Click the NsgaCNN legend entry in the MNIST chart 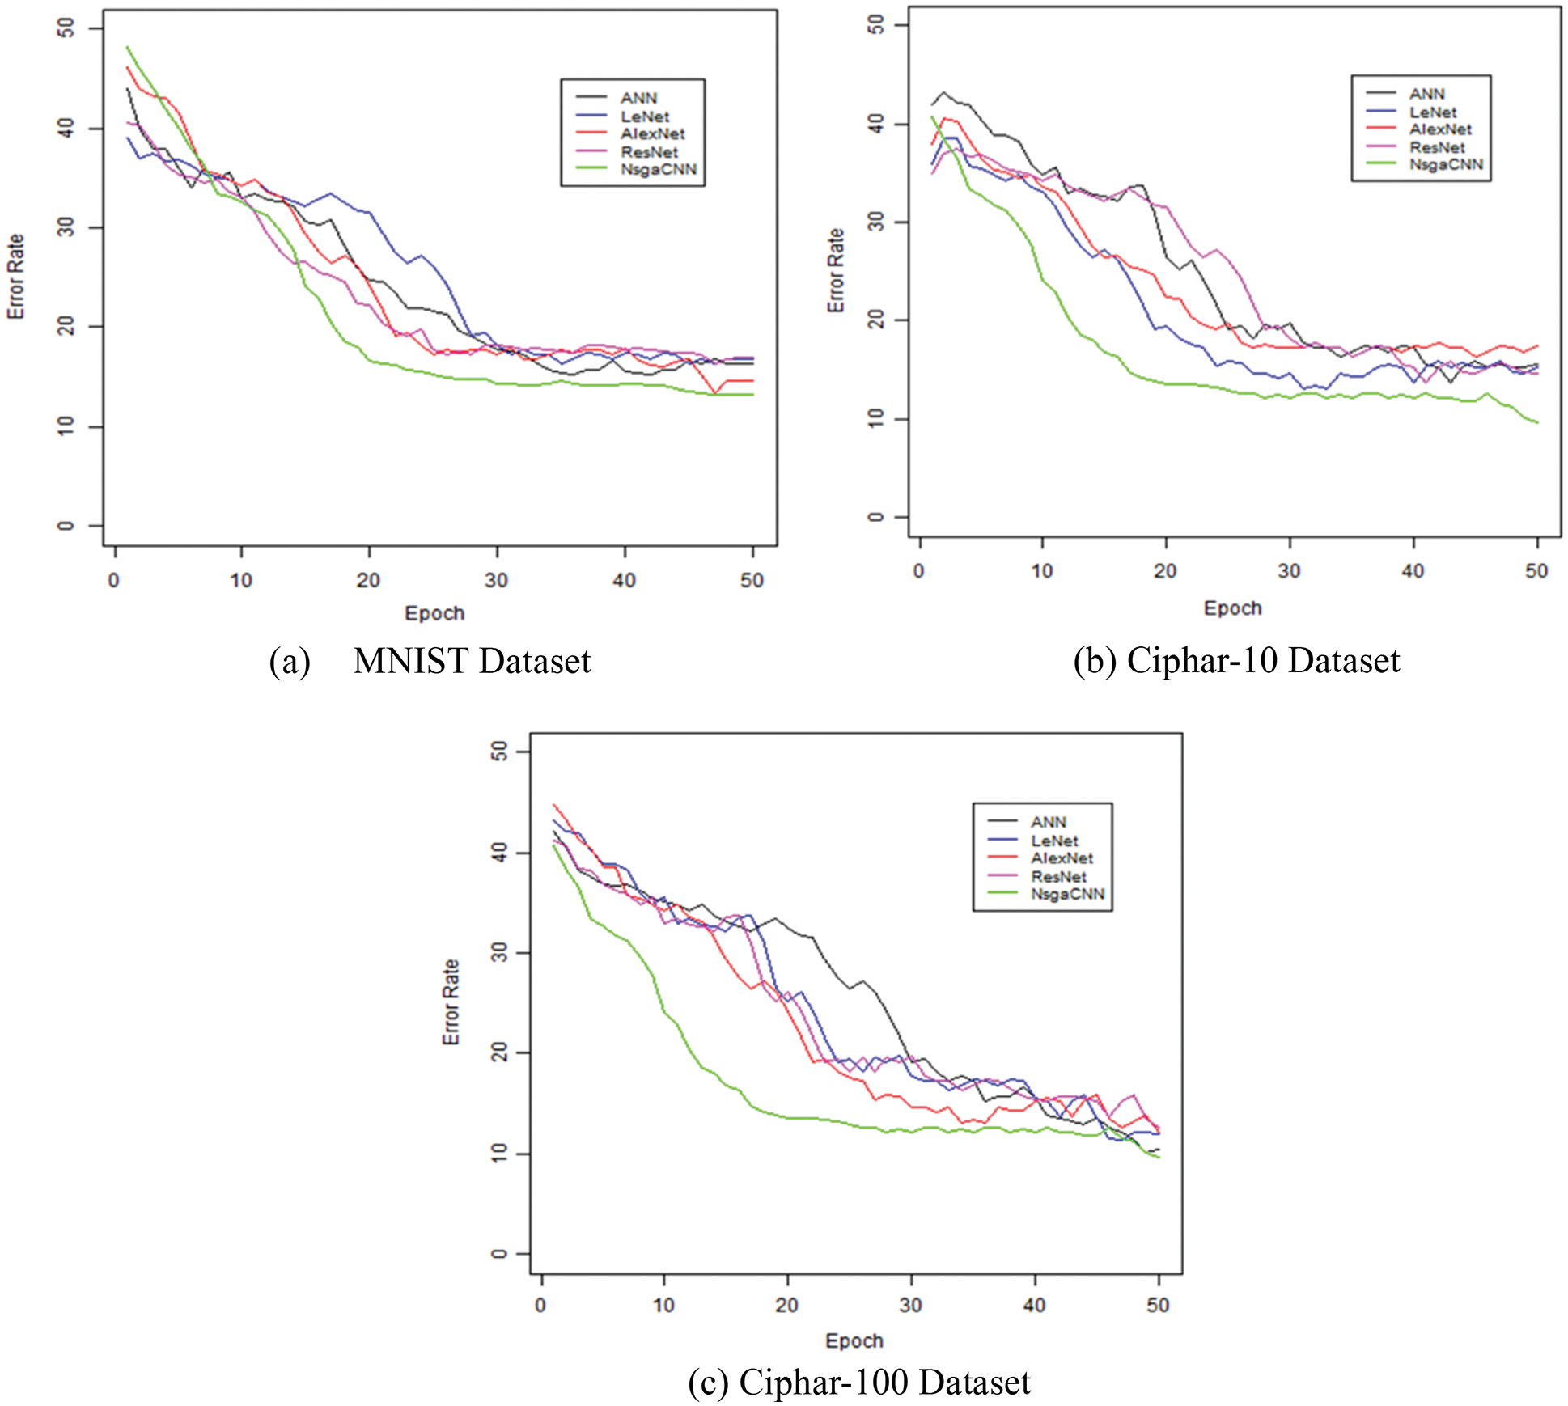(658, 170)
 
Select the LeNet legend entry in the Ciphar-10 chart (1432, 112)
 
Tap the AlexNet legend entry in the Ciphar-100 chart (1062, 858)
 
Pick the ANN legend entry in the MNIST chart (638, 98)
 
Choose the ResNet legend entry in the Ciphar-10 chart (1437, 147)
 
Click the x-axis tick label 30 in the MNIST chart (496, 580)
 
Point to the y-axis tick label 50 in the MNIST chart (66, 28)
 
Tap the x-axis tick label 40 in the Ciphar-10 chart (1413, 571)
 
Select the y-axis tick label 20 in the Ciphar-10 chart (875, 320)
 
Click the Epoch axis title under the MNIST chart (434, 613)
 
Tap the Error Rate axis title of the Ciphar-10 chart (836, 270)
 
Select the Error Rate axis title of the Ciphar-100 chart (451, 1002)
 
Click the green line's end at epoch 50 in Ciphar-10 (1536, 422)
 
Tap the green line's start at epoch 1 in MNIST (127, 47)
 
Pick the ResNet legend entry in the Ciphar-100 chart (1058, 877)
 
